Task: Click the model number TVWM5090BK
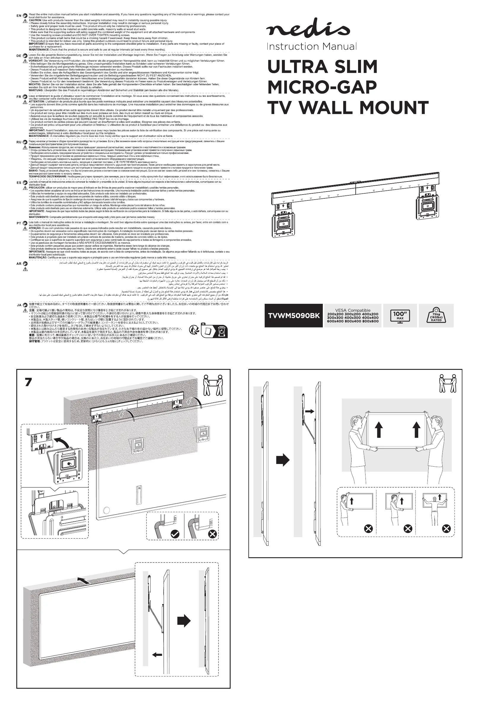click(293, 316)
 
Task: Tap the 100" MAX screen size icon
click(400, 316)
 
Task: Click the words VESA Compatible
click(353, 310)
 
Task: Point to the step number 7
click(28, 382)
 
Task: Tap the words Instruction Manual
click(311, 46)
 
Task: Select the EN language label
click(19, 15)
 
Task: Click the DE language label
click(19, 56)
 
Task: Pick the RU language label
click(19, 142)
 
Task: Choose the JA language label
click(19, 305)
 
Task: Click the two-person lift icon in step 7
click(213, 385)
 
